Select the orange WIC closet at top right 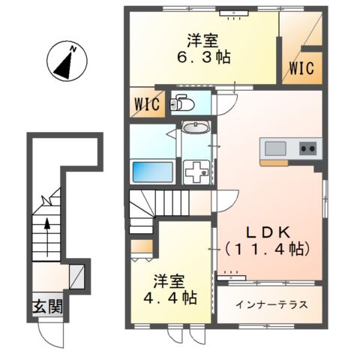tap(302, 68)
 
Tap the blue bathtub tap(153, 171)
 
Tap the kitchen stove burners tap(307, 147)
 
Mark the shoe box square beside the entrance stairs tap(77, 277)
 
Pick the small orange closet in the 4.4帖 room tap(140, 247)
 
